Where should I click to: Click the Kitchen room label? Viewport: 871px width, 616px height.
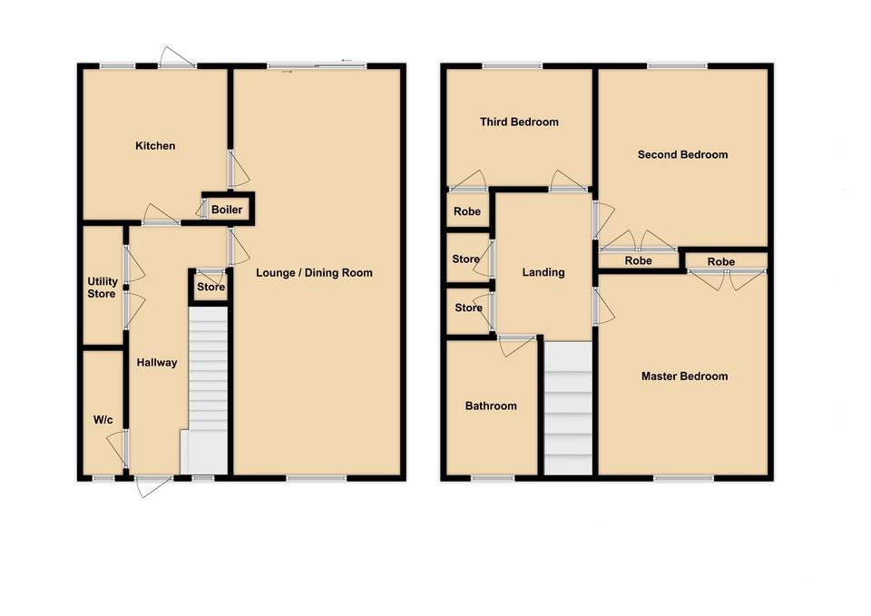pos(155,146)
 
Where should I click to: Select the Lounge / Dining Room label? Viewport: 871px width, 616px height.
pos(314,273)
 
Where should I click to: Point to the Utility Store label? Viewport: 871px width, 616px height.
pos(102,287)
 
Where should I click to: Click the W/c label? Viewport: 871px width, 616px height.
pos(103,420)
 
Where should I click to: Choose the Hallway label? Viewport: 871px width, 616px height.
pos(157,363)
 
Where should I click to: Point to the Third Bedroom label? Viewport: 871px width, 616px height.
pos(519,122)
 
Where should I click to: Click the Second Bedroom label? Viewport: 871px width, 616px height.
pos(682,155)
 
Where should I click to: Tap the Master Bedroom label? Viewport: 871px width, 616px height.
pos(684,376)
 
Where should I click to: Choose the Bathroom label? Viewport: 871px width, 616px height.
pos(491,406)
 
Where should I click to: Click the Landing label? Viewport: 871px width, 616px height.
pos(543,272)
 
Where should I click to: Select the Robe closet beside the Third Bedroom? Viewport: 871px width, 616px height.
pos(467,211)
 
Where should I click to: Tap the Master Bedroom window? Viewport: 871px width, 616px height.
pos(681,477)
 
